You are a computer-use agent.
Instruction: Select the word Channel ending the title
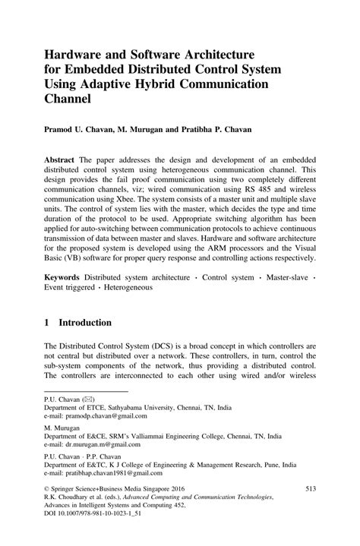pyautogui.click(x=71, y=98)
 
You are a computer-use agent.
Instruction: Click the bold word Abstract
pyautogui.click(x=63, y=163)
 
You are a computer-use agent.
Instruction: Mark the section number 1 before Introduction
pyautogui.click(x=47, y=342)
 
